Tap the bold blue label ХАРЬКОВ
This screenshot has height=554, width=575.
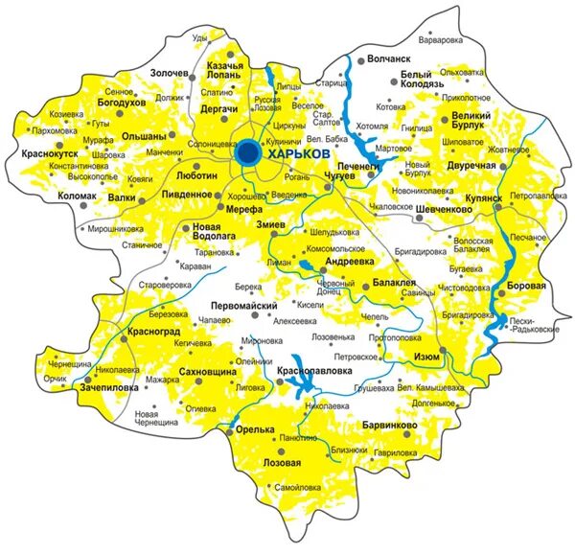click(x=300, y=152)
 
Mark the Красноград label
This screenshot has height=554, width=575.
click(x=151, y=332)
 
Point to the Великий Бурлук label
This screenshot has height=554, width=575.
click(x=470, y=122)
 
